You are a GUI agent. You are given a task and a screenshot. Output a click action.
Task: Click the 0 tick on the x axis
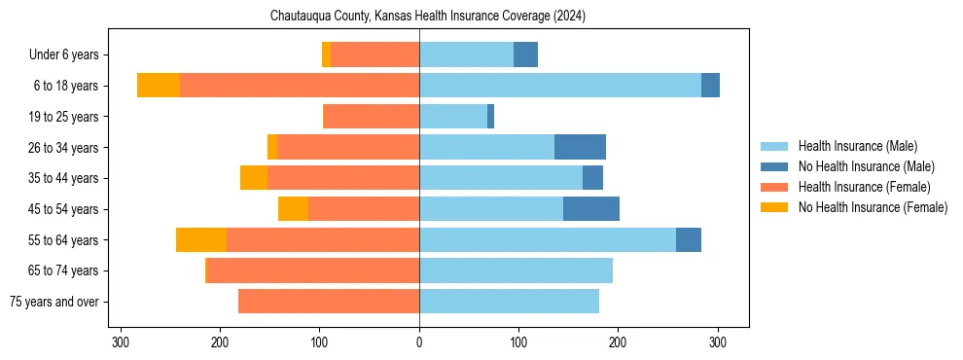(x=419, y=342)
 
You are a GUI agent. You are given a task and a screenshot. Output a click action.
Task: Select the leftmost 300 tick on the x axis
(x=121, y=342)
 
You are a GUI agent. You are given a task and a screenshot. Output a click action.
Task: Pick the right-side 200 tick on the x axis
(x=618, y=342)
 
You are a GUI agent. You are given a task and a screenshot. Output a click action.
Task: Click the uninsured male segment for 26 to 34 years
(x=580, y=148)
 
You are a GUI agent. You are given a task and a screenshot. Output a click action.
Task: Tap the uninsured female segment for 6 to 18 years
(x=158, y=86)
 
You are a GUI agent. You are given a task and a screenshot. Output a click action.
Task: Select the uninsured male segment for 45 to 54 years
(x=591, y=209)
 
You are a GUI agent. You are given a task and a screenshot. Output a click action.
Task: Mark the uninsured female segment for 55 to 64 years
(x=201, y=240)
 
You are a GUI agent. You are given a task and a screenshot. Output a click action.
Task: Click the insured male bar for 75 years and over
(x=509, y=302)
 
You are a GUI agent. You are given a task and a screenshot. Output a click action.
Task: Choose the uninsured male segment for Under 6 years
(x=525, y=55)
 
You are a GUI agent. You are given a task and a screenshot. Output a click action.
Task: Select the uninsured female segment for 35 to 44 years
(x=254, y=178)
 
